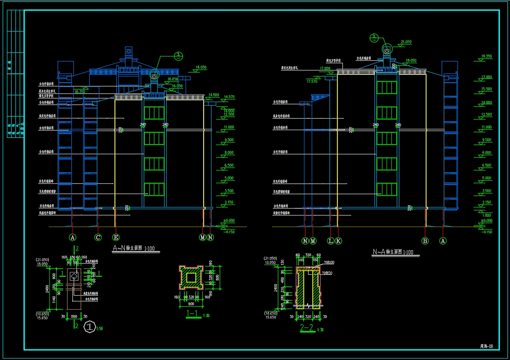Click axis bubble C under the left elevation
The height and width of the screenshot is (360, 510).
tap(98, 237)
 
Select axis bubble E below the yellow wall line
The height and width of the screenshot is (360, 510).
tap(116, 237)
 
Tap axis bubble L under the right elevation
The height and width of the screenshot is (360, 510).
tap(331, 241)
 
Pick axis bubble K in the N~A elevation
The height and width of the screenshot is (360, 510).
tap(338, 241)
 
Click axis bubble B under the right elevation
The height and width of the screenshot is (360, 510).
tap(425, 241)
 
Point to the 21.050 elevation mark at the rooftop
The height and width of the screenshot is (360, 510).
tap(406, 42)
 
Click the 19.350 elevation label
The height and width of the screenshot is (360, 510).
tap(486, 56)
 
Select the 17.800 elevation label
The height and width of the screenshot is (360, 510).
tap(325, 68)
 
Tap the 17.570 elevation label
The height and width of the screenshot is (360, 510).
tap(311, 81)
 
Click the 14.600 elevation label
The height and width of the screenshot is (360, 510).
tap(214, 95)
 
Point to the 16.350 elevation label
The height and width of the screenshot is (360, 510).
tap(80, 91)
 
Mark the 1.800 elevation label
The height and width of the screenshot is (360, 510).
tap(486, 215)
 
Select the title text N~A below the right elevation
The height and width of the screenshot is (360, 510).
tap(379, 252)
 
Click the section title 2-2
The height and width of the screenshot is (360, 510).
tap(306, 328)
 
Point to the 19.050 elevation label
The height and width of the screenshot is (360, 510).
tap(411, 61)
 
